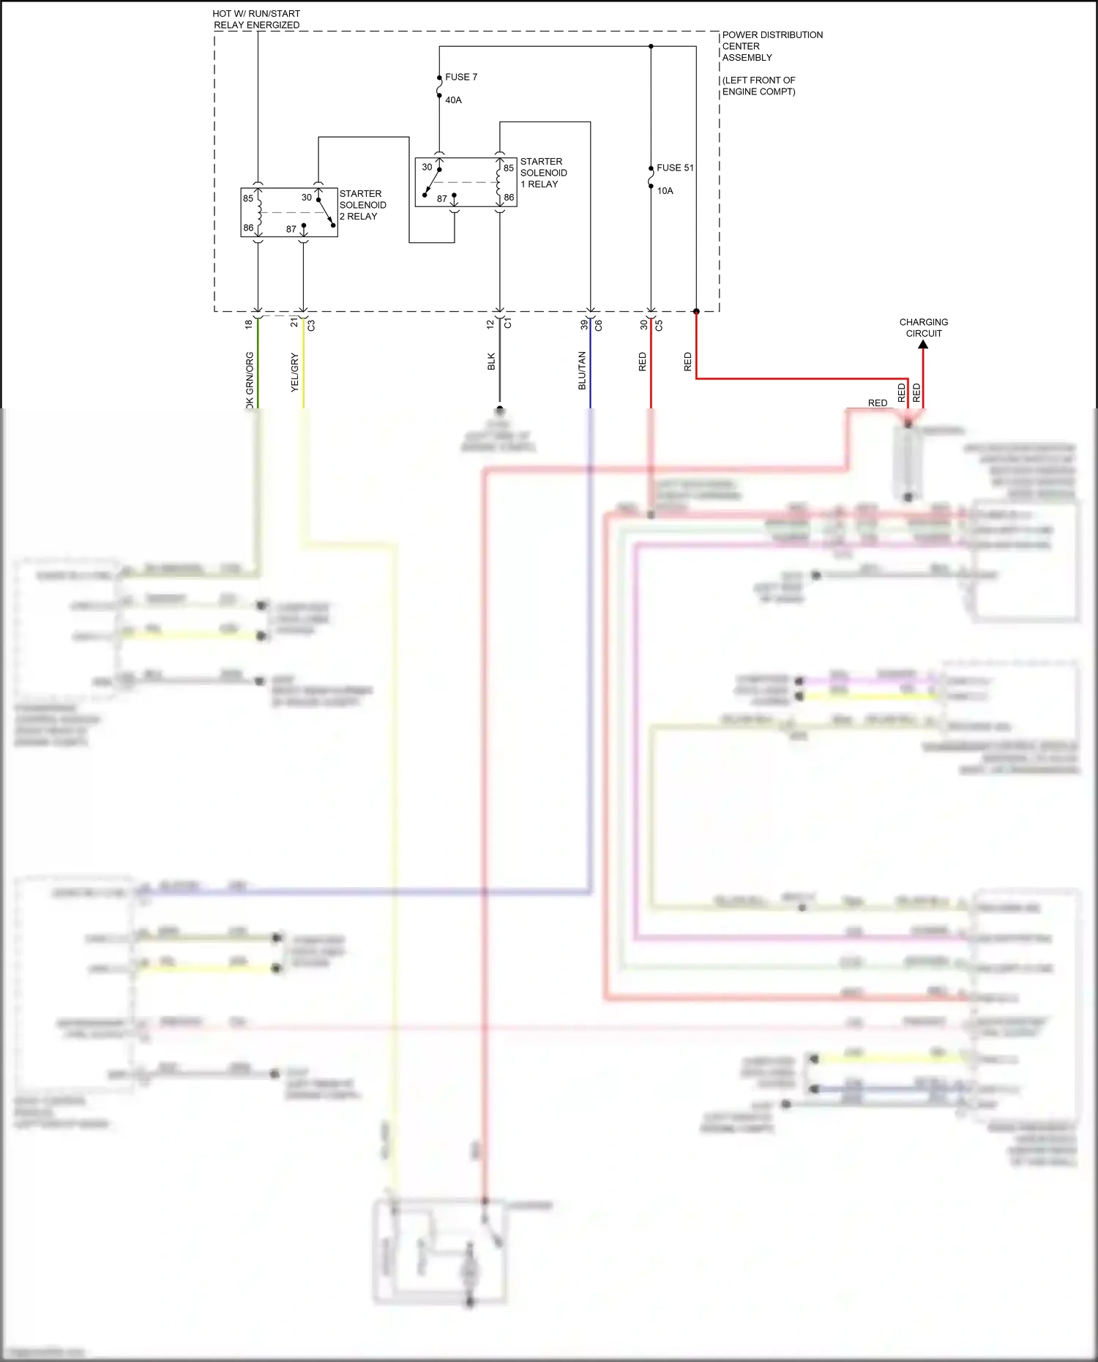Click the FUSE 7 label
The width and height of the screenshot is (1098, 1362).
click(460, 77)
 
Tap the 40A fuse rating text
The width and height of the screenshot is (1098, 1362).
click(453, 100)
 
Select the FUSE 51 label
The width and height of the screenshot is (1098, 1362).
click(674, 168)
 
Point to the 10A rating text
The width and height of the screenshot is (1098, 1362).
click(665, 191)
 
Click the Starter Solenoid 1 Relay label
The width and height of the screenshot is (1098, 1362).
click(543, 173)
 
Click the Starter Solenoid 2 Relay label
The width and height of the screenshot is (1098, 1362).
click(362, 205)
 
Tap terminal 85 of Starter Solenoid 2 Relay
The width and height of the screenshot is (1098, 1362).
click(248, 198)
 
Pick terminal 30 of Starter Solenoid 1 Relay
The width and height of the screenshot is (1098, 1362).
click(427, 167)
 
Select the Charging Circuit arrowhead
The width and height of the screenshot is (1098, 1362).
click(923, 344)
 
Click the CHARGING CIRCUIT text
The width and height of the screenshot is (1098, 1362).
click(923, 327)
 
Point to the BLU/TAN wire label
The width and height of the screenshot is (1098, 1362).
click(583, 370)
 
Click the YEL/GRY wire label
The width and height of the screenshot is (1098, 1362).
click(295, 373)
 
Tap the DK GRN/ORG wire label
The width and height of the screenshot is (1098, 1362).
click(250, 381)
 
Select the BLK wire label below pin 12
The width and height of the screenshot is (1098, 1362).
click(491, 362)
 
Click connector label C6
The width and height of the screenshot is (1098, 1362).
click(598, 325)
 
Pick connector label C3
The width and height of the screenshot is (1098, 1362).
click(311, 325)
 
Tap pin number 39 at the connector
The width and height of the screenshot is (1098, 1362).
click(584, 325)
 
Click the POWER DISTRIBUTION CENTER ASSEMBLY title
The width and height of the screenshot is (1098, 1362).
click(772, 46)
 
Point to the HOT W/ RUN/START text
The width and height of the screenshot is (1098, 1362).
click(256, 14)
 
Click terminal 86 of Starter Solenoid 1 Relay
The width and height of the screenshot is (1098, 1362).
click(509, 198)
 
